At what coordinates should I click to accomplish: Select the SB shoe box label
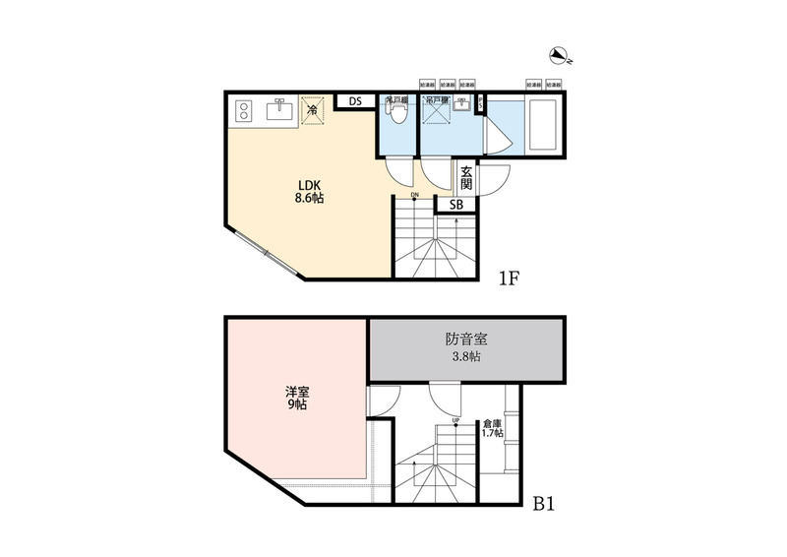456,205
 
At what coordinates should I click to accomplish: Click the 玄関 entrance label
465,177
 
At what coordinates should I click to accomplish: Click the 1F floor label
508,278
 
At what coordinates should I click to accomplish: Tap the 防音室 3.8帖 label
467,348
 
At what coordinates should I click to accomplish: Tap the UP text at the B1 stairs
456,423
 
